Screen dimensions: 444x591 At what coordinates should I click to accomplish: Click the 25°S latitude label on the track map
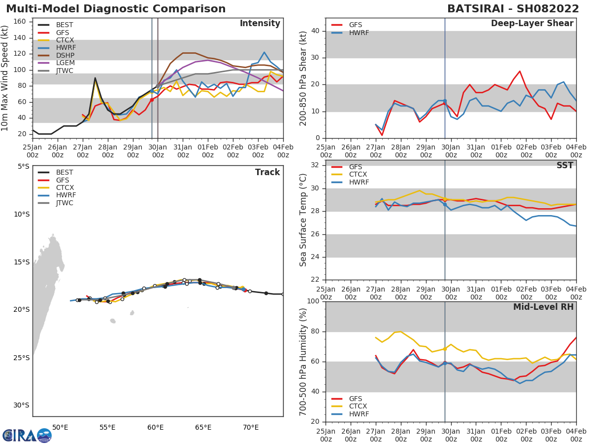pyautogui.click(x=21, y=358)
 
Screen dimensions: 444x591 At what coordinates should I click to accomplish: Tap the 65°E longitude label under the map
pyautogui.click(x=203, y=427)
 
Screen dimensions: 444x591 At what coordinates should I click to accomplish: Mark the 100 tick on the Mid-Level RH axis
pyautogui.click(x=313, y=301)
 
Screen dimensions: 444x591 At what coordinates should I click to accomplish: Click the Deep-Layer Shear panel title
pyautogui.click(x=532, y=24)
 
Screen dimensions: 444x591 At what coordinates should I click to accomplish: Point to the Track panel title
pyautogui.click(x=267, y=172)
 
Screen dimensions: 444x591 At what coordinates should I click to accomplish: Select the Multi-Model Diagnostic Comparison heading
pyautogui.click(x=116, y=9)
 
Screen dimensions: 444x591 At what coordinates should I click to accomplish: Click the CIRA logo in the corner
pyautogui.click(x=27, y=435)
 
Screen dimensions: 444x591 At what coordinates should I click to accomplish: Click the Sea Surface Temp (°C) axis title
pyautogui.click(x=303, y=220)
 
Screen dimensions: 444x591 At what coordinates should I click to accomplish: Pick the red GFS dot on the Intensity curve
pyautogui.click(x=152, y=100)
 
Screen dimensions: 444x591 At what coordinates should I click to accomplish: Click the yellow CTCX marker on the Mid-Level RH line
pyautogui.click(x=445, y=349)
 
